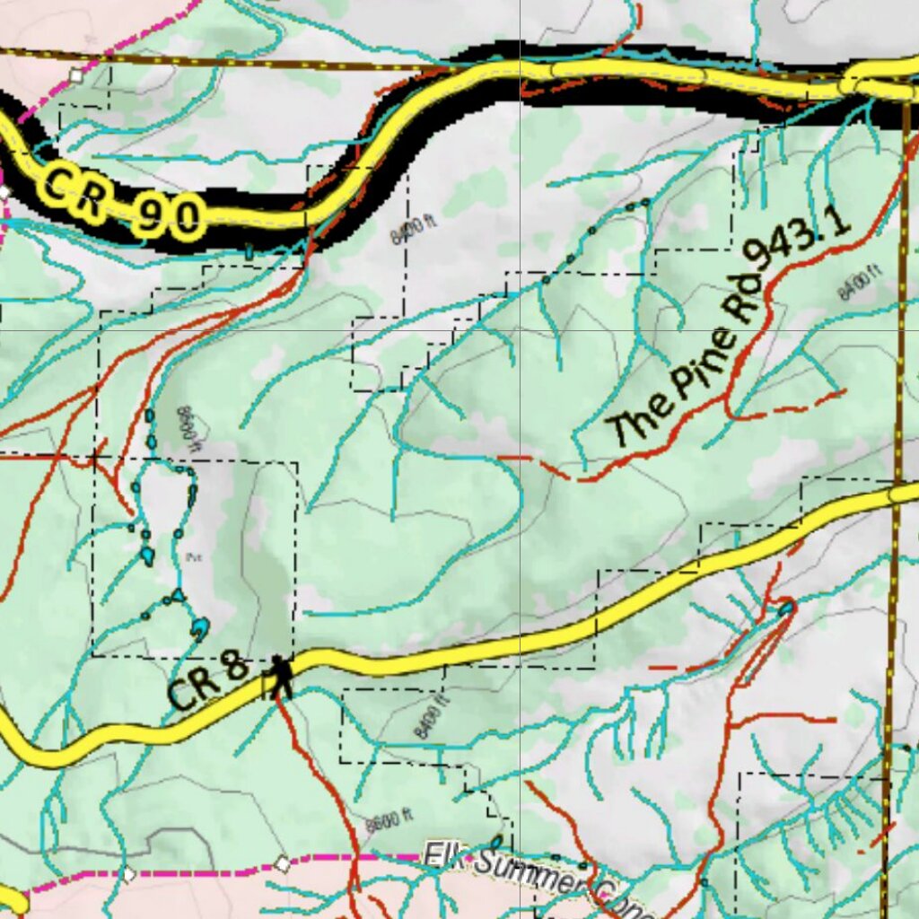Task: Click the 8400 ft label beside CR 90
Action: click(x=415, y=231)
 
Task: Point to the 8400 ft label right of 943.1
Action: click(x=859, y=283)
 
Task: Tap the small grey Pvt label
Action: click(x=192, y=556)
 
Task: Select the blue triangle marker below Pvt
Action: click(x=179, y=595)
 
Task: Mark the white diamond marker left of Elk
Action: click(x=283, y=863)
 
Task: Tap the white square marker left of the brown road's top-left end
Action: click(x=76, y=76)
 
